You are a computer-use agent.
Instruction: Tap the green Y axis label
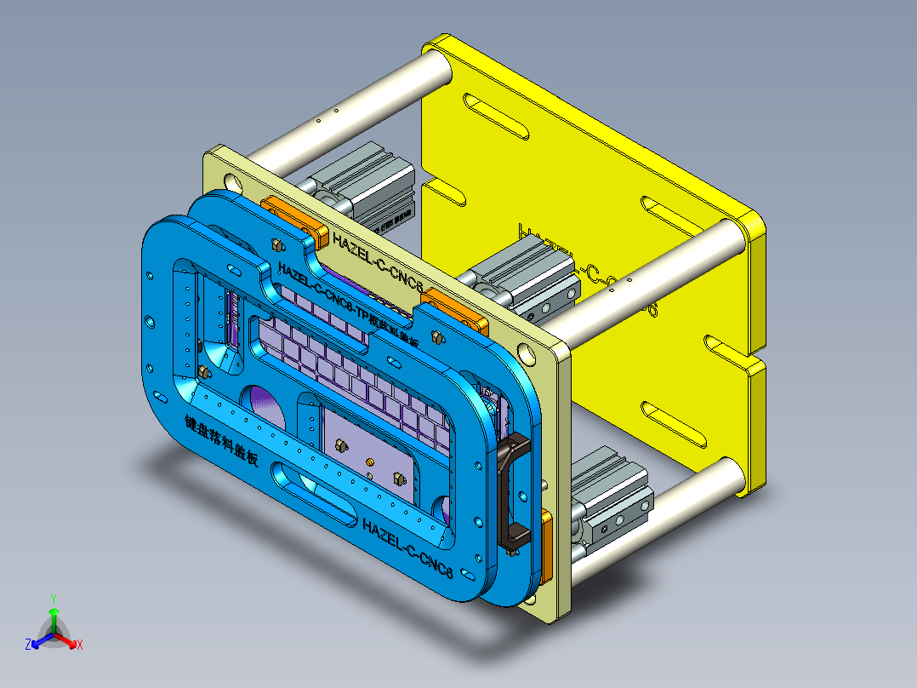click(53, 599)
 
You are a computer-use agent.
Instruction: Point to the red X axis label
click(80, 645)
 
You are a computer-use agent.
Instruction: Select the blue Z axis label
click(28, 645)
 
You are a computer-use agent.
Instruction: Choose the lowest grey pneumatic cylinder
click(612, 498)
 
